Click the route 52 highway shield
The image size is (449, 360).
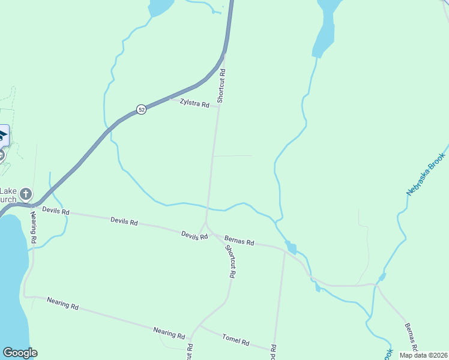pyautogui.click(x=140, y=109)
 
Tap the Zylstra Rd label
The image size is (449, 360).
pyautogui.click(x=194, y=103)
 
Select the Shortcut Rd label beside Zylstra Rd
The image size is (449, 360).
pyautogui.click(x=221, y=86)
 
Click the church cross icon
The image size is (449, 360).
pyautogui.click(x=25, y=194)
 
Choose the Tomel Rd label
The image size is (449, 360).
pyautogui.click(x=235, y=340)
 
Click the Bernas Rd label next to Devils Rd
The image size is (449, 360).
pyautogui.click(x=240, y=240)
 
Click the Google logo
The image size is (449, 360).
pyautogui.click(x=20, y=353)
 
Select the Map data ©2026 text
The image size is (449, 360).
pyautogui.click(x=423, y=355)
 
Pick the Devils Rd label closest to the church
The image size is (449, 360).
pyautogui.click(x=56, y=211)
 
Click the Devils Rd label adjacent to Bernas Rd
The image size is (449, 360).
pyautogui.click(x=194, y=235)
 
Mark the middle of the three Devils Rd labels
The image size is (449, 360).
pyautogui.click(x=124, y=221)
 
